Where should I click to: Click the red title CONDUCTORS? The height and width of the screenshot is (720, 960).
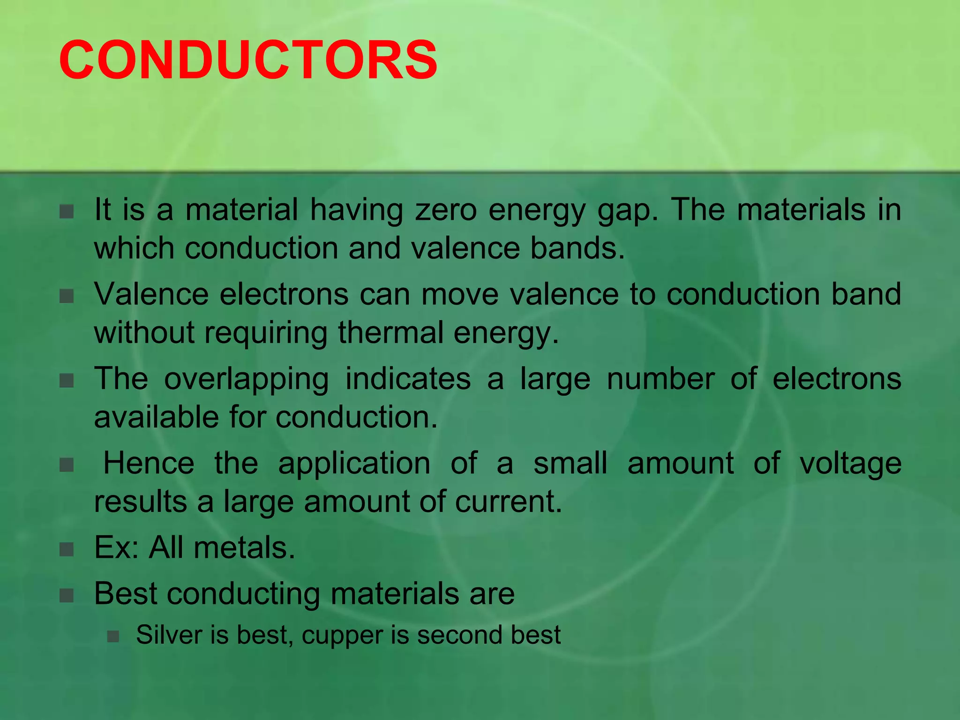[248, 60]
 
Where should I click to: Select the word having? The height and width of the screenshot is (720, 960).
[356, 210]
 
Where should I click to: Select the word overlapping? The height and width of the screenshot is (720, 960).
[246, 380]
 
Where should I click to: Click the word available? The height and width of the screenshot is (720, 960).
[156, 417]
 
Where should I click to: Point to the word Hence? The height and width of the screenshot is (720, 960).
[149, 463]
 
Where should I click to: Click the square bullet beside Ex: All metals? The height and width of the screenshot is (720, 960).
[67, 549]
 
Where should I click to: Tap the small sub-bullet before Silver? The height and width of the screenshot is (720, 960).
[112, 636]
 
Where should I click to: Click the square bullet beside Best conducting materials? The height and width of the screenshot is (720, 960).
[67, 595]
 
